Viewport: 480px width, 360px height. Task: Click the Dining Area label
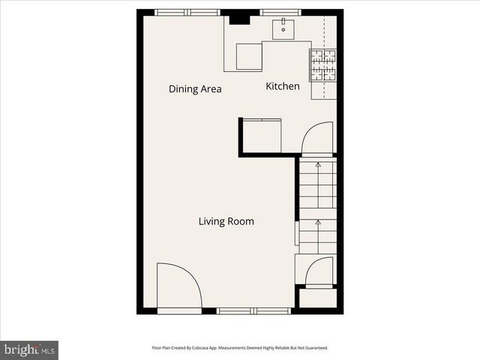pos(195,89)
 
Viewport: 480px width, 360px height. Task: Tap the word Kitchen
pos(283,86)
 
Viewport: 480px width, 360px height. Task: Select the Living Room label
pos(226,221)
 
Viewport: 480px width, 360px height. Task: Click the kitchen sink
pos(285,29)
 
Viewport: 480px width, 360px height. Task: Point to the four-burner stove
pos(323,65)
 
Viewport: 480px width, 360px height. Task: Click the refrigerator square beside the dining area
pos(249,57)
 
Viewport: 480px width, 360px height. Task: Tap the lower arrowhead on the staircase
pos(317,222)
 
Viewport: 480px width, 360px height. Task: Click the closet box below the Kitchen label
pos(261,136)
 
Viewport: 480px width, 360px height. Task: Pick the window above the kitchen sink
pos(280,12)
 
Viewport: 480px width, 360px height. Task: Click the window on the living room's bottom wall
pos(253,310)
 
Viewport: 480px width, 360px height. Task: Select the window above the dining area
pos(187,12)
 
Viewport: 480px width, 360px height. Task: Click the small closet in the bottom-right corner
pos(318,298)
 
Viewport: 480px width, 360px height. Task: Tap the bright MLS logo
pos(29,349)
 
